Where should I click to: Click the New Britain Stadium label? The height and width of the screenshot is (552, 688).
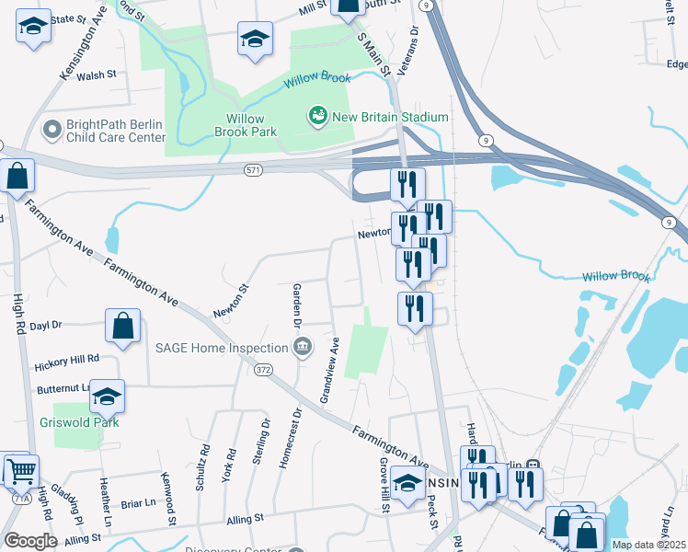(391, 117)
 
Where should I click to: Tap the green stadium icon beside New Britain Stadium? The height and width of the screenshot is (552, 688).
(318, 116)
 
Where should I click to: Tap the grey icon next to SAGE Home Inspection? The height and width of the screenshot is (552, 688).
(301, 347)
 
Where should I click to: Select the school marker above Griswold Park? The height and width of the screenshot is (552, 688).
(108, 397)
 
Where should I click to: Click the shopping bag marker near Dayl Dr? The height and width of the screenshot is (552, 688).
(122, 327)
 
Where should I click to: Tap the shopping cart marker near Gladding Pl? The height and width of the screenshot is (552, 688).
(21, 471)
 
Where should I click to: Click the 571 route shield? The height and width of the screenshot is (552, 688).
(255, 170)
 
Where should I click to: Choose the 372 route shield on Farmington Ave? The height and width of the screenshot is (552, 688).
(264, 370)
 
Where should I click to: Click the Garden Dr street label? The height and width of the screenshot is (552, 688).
(297, 305)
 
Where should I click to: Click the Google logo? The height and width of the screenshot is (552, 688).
(30, 541)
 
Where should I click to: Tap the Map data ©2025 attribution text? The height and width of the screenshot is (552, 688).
(648, 545)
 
